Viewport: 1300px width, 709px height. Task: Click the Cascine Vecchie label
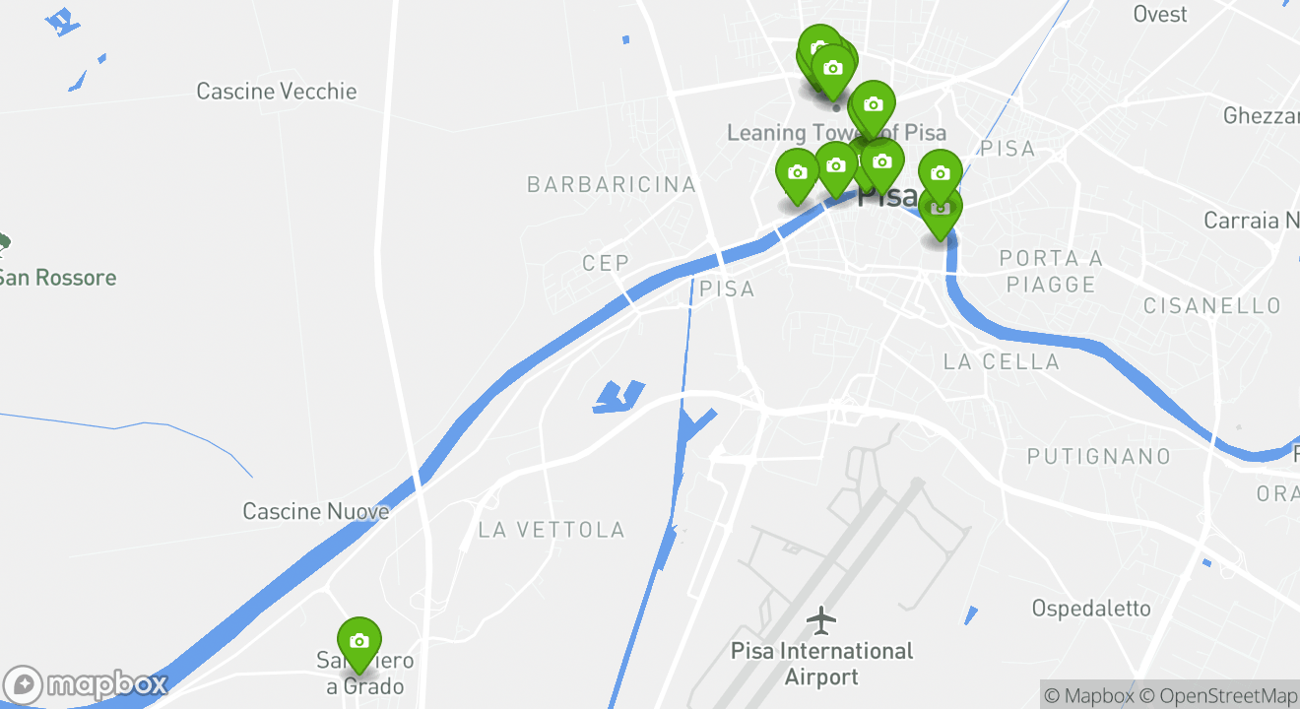[x=276, y=92]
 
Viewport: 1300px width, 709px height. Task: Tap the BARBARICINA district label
[x=612, y=184]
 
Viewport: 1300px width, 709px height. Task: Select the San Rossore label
[x=57, y=278]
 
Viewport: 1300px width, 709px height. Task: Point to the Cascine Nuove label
[x=316, y=511]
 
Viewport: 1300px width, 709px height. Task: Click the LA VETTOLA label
[x=552, y=530]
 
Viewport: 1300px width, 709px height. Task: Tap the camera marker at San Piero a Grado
[x=358, y=641]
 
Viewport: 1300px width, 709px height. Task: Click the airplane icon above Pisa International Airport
[x=821, y=620]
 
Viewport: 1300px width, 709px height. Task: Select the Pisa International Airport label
[x=822, y=664]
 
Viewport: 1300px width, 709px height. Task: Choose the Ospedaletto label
[x=1091, y=609]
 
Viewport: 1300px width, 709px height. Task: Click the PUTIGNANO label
[x=1099, y=456]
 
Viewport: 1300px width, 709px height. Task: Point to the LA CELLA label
[x=1002, y=361]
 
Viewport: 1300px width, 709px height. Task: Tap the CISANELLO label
[x=1212, y=306]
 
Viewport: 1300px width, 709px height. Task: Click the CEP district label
[x=606, y=263]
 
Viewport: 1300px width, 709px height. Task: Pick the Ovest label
[x=1160, y=14]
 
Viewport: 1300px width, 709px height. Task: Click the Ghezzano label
[x=1261, y=115]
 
